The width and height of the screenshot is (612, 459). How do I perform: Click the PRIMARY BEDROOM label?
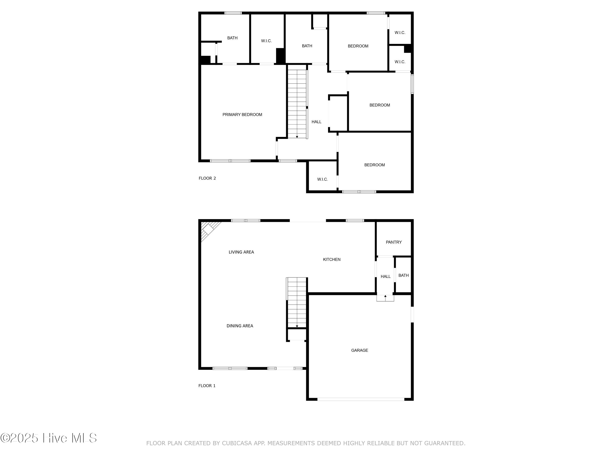click(242, 114)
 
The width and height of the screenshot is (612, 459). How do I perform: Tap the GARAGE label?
click(359, 350)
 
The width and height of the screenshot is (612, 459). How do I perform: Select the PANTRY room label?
click(394, 242)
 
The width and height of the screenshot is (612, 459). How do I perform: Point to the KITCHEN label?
click(331, 259)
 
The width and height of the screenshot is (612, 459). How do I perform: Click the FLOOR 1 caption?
click(207, 386)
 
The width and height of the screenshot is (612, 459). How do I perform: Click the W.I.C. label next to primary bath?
click(266, 41)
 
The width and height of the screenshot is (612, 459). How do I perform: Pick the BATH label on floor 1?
click(403, 275)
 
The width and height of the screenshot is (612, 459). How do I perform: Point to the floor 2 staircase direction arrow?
click(297, 136)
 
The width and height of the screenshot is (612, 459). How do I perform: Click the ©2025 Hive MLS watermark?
click(49, 438)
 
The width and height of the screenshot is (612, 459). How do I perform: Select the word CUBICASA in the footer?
click(237, 443)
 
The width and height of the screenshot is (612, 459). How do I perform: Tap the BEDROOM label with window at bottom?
click(374, 165)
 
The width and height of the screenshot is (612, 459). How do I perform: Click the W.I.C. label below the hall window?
click(322, 179)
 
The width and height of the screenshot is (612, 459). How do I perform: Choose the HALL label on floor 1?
click(385, 276)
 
